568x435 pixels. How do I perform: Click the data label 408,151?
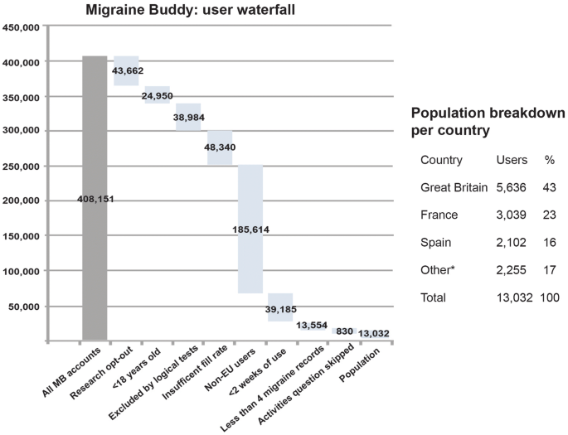[x=95, y=200]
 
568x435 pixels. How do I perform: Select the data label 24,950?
[x=158, y=96]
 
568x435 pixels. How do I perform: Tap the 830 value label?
[x=345, y=331]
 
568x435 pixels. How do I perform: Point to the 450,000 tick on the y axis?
[x=22, y=27]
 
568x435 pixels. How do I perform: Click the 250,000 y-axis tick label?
[x=22, y=167]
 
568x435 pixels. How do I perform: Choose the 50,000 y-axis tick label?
[x=25, y=307]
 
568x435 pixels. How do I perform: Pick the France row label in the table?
[x=439, y=215]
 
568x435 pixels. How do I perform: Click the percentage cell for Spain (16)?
[x=548, y=242]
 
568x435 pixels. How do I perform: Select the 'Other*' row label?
[x=438, y=269]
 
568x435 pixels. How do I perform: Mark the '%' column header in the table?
[x=548, y=160]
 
